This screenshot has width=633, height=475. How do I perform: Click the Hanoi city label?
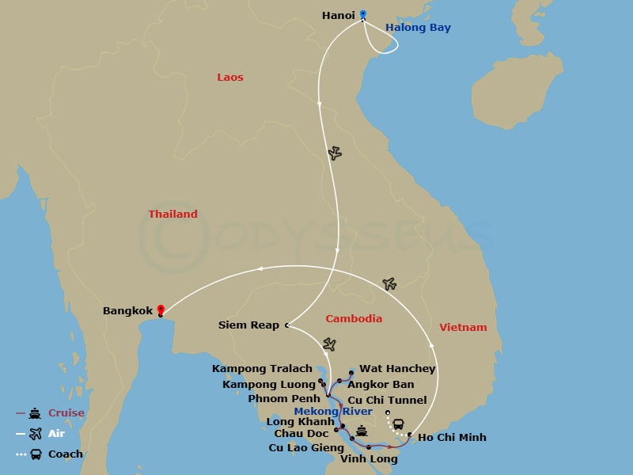pyautogui.click(x=339, y=15)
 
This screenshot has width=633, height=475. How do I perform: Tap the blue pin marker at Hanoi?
pyautogui.click(x=363, y=14)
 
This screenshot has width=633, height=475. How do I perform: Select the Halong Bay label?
pyautogui.click(x=418, y=28)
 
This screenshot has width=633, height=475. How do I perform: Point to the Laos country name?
pyautogui.click(x=230, y=78)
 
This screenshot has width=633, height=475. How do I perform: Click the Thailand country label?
pyautogui.click(x=173, y=215)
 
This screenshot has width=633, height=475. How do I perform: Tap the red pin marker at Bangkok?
pyautogui.click(x=161, y=310)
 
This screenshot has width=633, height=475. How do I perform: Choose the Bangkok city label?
pyautogui.click(x=127, y=311)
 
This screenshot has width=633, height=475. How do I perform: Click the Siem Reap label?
pyautogui.click(x=248, y=325)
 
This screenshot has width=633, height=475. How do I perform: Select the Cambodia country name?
pyautogui.click(x=354, y=319)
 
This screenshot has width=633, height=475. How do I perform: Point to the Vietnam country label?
pyautogui.click(x=464, y=328)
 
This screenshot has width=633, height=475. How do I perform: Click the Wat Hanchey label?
pyautogui.click(x=397, y=369)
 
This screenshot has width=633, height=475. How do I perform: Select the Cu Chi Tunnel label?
pyautogui.click(x=387, y=401)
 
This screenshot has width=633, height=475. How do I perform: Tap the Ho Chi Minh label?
pyautogui.click(x=452, y=438)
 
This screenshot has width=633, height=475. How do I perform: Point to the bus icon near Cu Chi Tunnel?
pyautogui.click(x=399, y=424)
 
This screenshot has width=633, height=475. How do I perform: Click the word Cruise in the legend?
pyautogui.click(x=66, y=413)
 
